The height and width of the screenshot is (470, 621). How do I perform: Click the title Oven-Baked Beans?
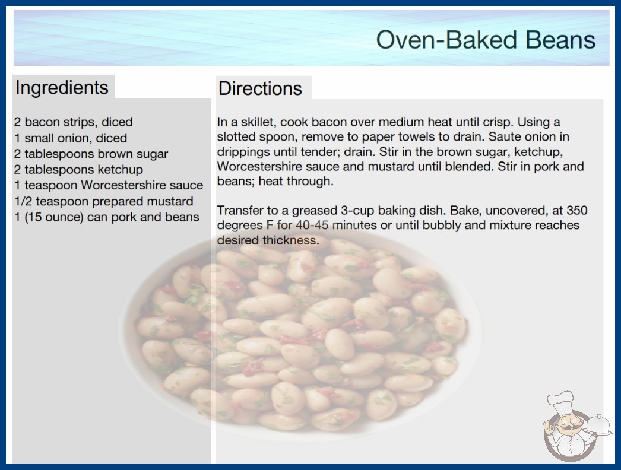pyautogui.click(x=486, y=40)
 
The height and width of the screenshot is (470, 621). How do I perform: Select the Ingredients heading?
pyautogui.click(x=62, y=88)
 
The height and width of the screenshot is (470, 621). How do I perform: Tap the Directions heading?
pyautogui.click(x=260, y=88)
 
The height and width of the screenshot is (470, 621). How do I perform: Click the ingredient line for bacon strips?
pyautogui.click(x=73, y=122)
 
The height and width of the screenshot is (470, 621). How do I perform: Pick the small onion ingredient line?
pyautogui.click(x=71, y=138)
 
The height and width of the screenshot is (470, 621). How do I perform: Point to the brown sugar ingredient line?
pyautogui.click(x=91, y=154)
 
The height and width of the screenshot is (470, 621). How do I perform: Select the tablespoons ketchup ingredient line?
pyautogui.click(x=78, y=170)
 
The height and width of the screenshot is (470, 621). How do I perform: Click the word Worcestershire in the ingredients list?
pyautogui.click(x=123, y=185)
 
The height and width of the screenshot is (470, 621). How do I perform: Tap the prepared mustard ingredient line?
pyautogui.click(x=104, y=202)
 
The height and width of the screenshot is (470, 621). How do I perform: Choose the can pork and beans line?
pyautogui.click(x=107, y=217)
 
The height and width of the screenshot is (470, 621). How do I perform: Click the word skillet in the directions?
pyautogui.click(x=257, y=122)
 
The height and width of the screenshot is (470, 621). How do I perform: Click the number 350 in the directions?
pyautogui.click(x=576, y=210)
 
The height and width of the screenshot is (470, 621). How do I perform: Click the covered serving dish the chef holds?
pyautogui.click(x=598, y=425)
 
